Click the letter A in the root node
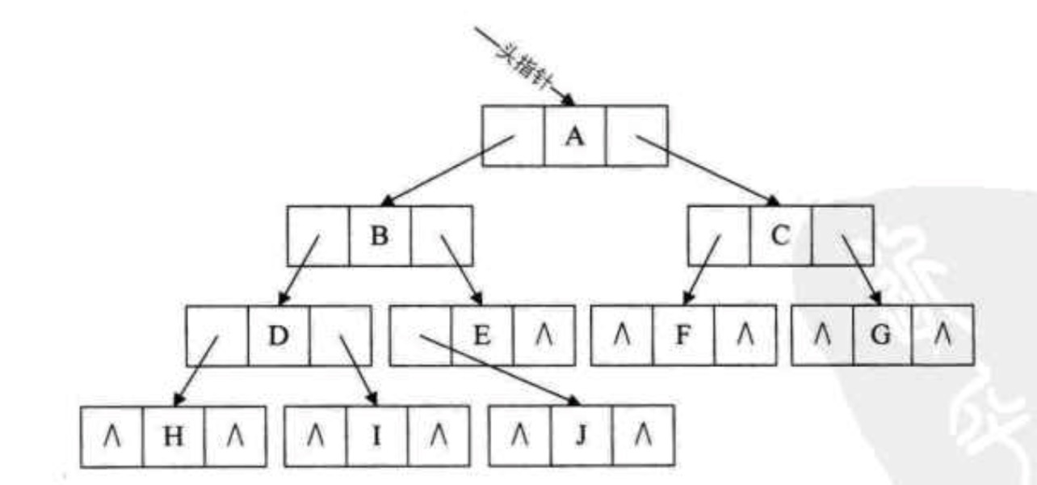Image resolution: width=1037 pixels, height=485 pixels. (574, 137)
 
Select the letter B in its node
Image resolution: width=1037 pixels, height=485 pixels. (380, 236)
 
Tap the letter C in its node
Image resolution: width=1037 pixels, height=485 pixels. (780, 235)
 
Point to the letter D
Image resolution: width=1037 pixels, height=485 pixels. (278, 335)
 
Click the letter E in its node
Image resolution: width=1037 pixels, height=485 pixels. (482, 335)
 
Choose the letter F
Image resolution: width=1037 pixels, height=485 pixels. (683, 335)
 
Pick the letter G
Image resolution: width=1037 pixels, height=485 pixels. (882, 335)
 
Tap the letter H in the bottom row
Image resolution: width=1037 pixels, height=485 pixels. (174, 436)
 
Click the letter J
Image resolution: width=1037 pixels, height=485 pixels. (581, 436)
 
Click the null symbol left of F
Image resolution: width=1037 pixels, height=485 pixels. (621, 335)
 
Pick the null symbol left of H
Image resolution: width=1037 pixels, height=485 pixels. (113, 436)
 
